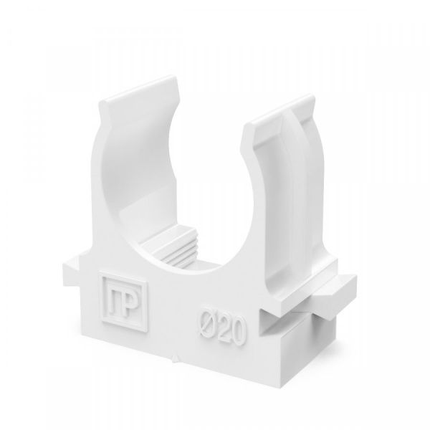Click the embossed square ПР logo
point(123,302)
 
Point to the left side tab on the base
point(72,269)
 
